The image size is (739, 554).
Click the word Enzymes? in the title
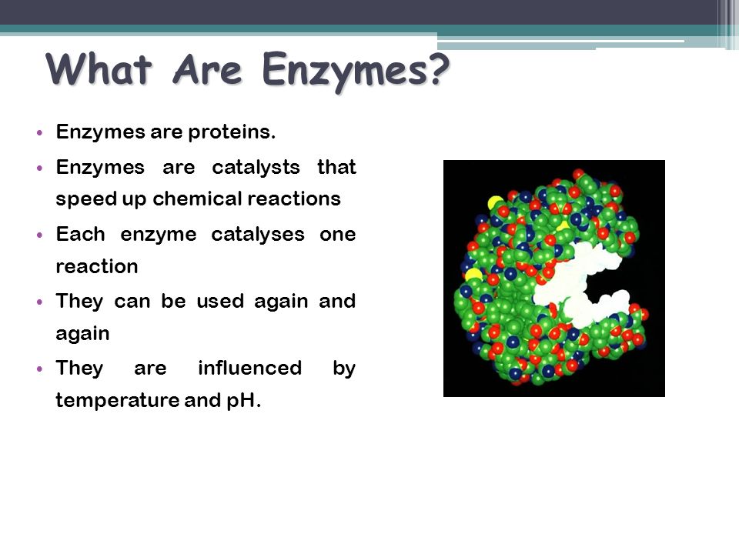click(x=356, y=71)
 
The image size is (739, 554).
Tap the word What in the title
click(x=99, y=70)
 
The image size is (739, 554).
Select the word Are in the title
click(x=207, y=71)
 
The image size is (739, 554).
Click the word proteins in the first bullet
click(x=232, y=132)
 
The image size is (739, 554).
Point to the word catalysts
click(x=256, y=167)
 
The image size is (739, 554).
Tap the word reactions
click(x=293, y=199)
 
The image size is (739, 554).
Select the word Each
click(x=81, y=234)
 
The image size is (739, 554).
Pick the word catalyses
click(x=258, y=235)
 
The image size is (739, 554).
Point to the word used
click(x=220, y=301)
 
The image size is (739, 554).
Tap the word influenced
click(x=249, y=368)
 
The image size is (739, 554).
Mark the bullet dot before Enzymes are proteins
click(x=39, y=133)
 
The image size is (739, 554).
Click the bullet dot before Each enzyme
click(x=39, y=235)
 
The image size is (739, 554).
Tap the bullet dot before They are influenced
click(x=39, y=369)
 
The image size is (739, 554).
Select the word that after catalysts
click(x=336, y=167)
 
